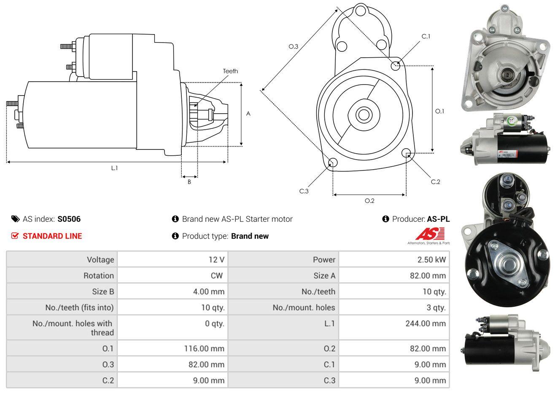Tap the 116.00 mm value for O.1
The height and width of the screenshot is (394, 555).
[x=204, y=349]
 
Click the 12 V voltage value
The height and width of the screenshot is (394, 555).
[x=216, y=260]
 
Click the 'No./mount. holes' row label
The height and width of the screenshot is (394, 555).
[x=304, y=308]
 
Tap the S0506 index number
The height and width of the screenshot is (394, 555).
[x=69, y=219]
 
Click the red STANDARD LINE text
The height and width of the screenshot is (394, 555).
[x=52, y=236]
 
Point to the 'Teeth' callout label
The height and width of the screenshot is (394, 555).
[x=230, y=71]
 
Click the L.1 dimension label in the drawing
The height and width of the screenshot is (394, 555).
[x=114, y=168]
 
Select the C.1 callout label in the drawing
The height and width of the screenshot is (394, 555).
[x=426, y=36]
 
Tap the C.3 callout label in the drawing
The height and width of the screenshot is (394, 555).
[x=304, y=191]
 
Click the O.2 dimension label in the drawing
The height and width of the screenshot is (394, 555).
[x=369, y=201]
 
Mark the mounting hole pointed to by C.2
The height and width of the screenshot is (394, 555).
[x=406, y=152]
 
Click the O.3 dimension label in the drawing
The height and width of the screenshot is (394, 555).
[x=294, y=46]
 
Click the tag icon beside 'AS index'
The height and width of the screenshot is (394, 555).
[x=15, y=219]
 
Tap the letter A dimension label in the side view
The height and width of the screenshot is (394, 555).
[x=248, y=114]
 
